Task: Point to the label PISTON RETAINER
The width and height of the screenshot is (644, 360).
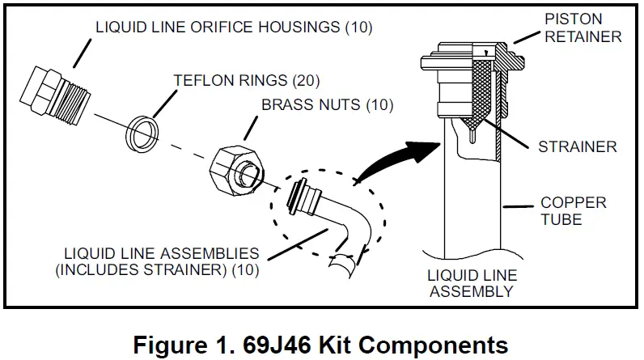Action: tap(594, 27)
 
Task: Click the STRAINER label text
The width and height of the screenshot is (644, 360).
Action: tap(578, 146)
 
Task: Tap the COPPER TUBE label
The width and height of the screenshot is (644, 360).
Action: tap(573, 210)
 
